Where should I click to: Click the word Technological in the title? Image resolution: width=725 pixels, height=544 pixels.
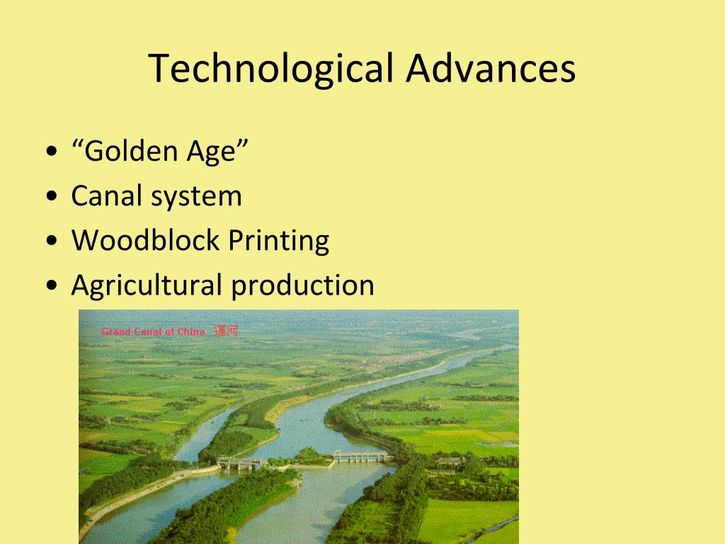click(x=271, y=69)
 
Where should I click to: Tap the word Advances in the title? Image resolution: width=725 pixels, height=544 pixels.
click(x=491, y=69)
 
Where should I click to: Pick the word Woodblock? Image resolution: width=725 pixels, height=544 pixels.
click(x=145, y=240)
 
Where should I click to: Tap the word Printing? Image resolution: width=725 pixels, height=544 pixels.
click(x=279, y=242)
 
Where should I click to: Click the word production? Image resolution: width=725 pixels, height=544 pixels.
click(x=302, y=285)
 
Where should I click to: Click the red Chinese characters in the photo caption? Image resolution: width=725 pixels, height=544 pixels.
click(x=226, y=331)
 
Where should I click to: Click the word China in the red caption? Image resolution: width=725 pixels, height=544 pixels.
click(x=191, y=331)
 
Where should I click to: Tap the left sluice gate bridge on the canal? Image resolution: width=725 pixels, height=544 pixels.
click(x=241, y=463)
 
